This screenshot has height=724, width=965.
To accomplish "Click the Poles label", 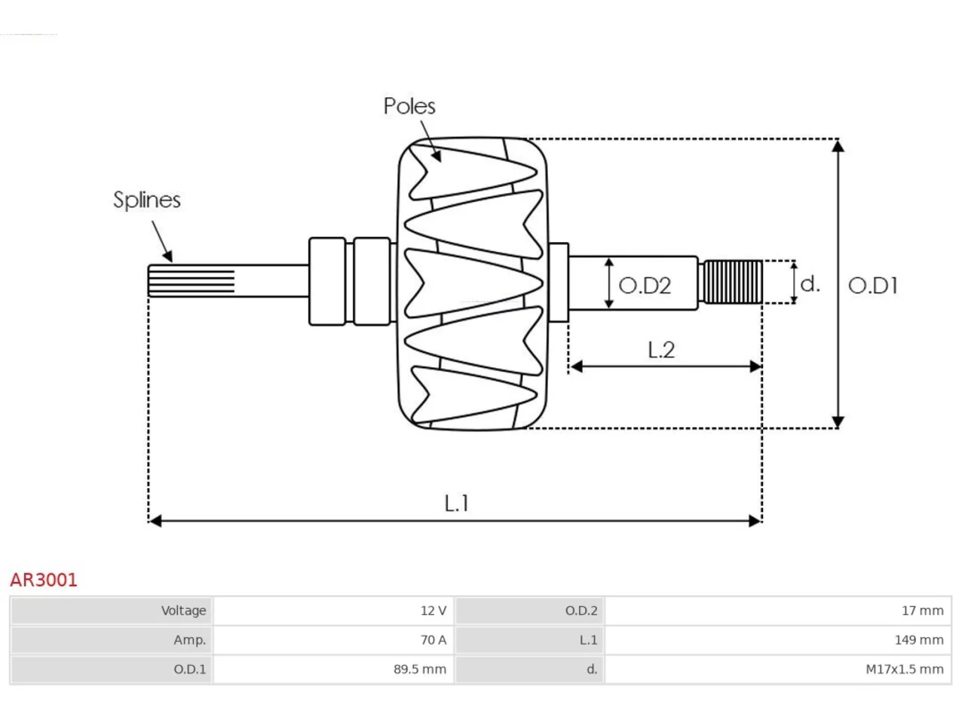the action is click(x=409, y=106).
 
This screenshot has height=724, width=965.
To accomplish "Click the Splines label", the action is click(x=147, y=200).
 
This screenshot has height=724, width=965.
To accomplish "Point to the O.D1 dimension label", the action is click(x=873, y=286).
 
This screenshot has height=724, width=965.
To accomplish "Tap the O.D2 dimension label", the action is click(x=645, y=286).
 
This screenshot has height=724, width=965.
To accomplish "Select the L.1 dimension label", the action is click(x=456, y=503).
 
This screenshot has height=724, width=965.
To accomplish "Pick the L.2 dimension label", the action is click(x=661, y=350).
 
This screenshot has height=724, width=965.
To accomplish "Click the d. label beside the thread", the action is click(x=810, y=284).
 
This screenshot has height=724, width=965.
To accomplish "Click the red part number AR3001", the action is click(x=44, y=580).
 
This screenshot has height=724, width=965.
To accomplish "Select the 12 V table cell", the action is click(x=333, y=611).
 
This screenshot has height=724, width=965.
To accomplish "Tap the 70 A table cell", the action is click(x=333, y=640).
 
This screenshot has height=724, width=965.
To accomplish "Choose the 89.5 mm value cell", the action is click(x=333, y=670).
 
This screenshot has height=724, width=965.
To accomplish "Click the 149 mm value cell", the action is click(x=778, y=640).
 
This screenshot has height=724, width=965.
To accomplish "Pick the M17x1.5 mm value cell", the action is click(x=778, y=670).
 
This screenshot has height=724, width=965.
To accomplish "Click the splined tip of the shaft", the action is click(x=191, y=281).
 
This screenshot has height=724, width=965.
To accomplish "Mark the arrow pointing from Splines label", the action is click(x=162, y=241).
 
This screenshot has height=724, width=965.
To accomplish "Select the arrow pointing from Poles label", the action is click(x=430, y=142).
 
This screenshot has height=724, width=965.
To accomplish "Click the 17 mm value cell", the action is click(x=778, y=611).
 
